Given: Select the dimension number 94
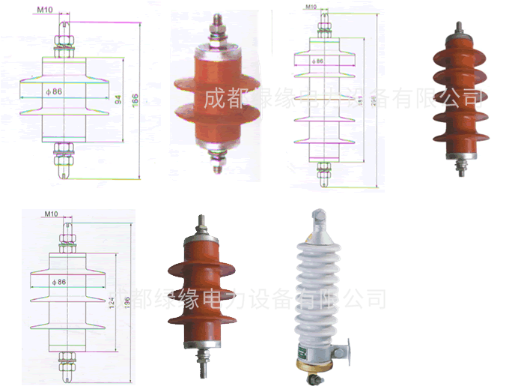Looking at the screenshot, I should [x=117, y=97].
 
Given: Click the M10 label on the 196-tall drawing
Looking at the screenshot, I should [x=51, y=214].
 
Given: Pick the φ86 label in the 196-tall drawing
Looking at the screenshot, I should [x=53, y=281].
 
